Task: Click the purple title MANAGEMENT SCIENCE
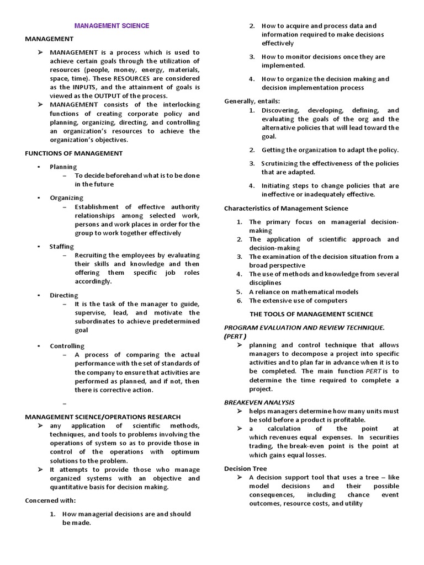pos(112,25)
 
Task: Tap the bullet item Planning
pos(63,167)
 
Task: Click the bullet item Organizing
pos(66,198)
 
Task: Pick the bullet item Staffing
pos(62,246)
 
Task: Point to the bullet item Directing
pos(64,295)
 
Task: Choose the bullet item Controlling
pos(67,346)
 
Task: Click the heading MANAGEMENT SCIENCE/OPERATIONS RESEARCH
pos(103,417)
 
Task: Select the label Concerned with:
pos(50,500)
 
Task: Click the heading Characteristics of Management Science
pos(286,208)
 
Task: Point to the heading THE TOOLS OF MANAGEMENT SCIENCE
pos(311,314)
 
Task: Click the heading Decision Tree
pos(245,468)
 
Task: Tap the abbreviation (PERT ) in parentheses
pos(235,335)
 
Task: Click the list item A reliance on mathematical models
pos(304,292)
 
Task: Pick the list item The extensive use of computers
pos(298,301)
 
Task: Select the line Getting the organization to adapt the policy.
pos(330,150)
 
